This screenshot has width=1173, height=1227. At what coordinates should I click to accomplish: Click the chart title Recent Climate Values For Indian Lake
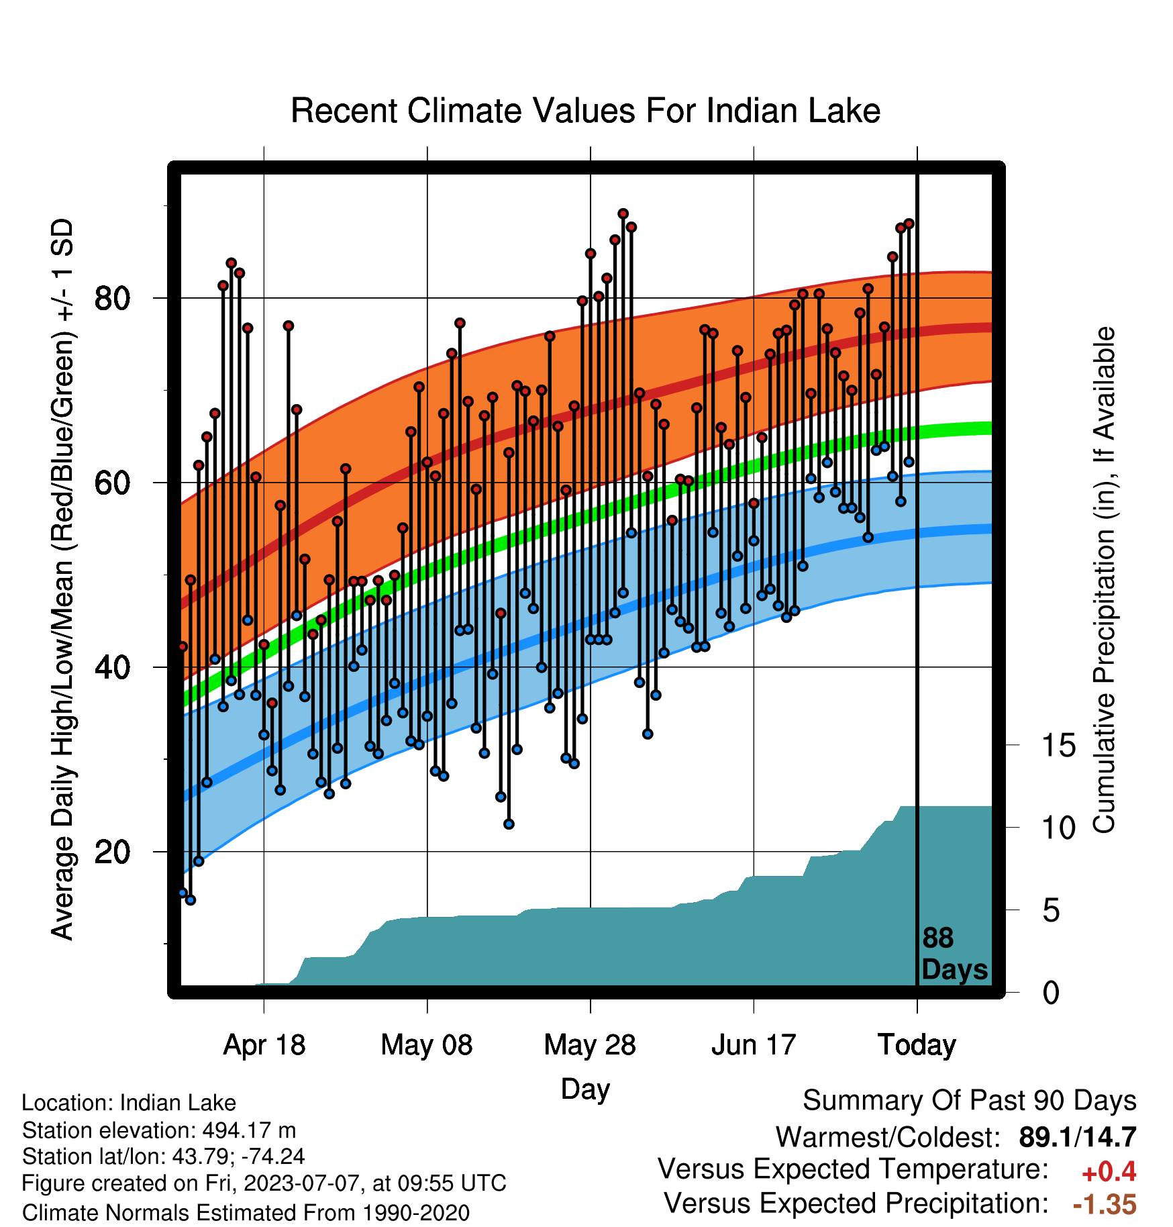tap(585, 111)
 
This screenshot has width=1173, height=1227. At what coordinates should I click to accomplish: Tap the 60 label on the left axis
tap(112, 483)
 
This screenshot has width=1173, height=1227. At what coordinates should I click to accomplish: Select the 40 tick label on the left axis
tap(112, 667)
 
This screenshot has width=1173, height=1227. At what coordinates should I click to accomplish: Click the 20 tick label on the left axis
tap(112, 852)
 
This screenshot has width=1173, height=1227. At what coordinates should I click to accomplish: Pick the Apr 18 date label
tap(264, 1045)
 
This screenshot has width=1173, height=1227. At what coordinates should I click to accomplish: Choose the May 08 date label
tap(427, 1045)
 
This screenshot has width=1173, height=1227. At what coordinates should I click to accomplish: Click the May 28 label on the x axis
tap(590, 1045)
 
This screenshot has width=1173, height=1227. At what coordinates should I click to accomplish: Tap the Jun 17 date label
tap(754, 1045)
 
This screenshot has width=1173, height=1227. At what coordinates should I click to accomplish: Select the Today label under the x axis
tap(917, 1045)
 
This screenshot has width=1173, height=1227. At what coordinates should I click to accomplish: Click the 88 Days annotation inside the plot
tap(954, 954)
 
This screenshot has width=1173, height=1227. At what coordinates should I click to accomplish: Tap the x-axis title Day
tap(585, 1089)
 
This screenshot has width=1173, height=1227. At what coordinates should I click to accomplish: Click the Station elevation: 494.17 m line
tap(159, 1130)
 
